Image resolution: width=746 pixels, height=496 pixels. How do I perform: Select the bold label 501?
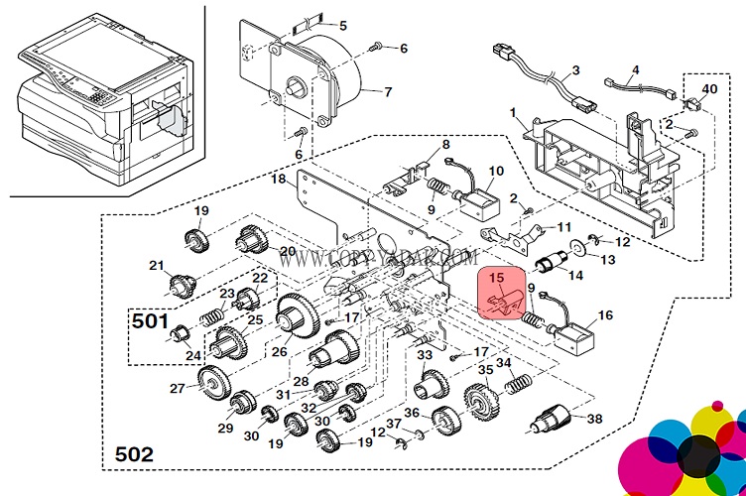coord(150,321)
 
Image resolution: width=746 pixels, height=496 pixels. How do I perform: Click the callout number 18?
coord(279,179)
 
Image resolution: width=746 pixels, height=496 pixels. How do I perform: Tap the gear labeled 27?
coord(212,382)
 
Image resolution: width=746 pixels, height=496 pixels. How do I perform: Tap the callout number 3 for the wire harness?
coord(574,71)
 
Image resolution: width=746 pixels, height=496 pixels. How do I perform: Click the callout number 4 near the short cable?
coord(636,69)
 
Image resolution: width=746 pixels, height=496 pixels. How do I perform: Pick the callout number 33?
coord(424,354)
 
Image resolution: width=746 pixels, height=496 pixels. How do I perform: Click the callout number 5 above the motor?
coord(342,25)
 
